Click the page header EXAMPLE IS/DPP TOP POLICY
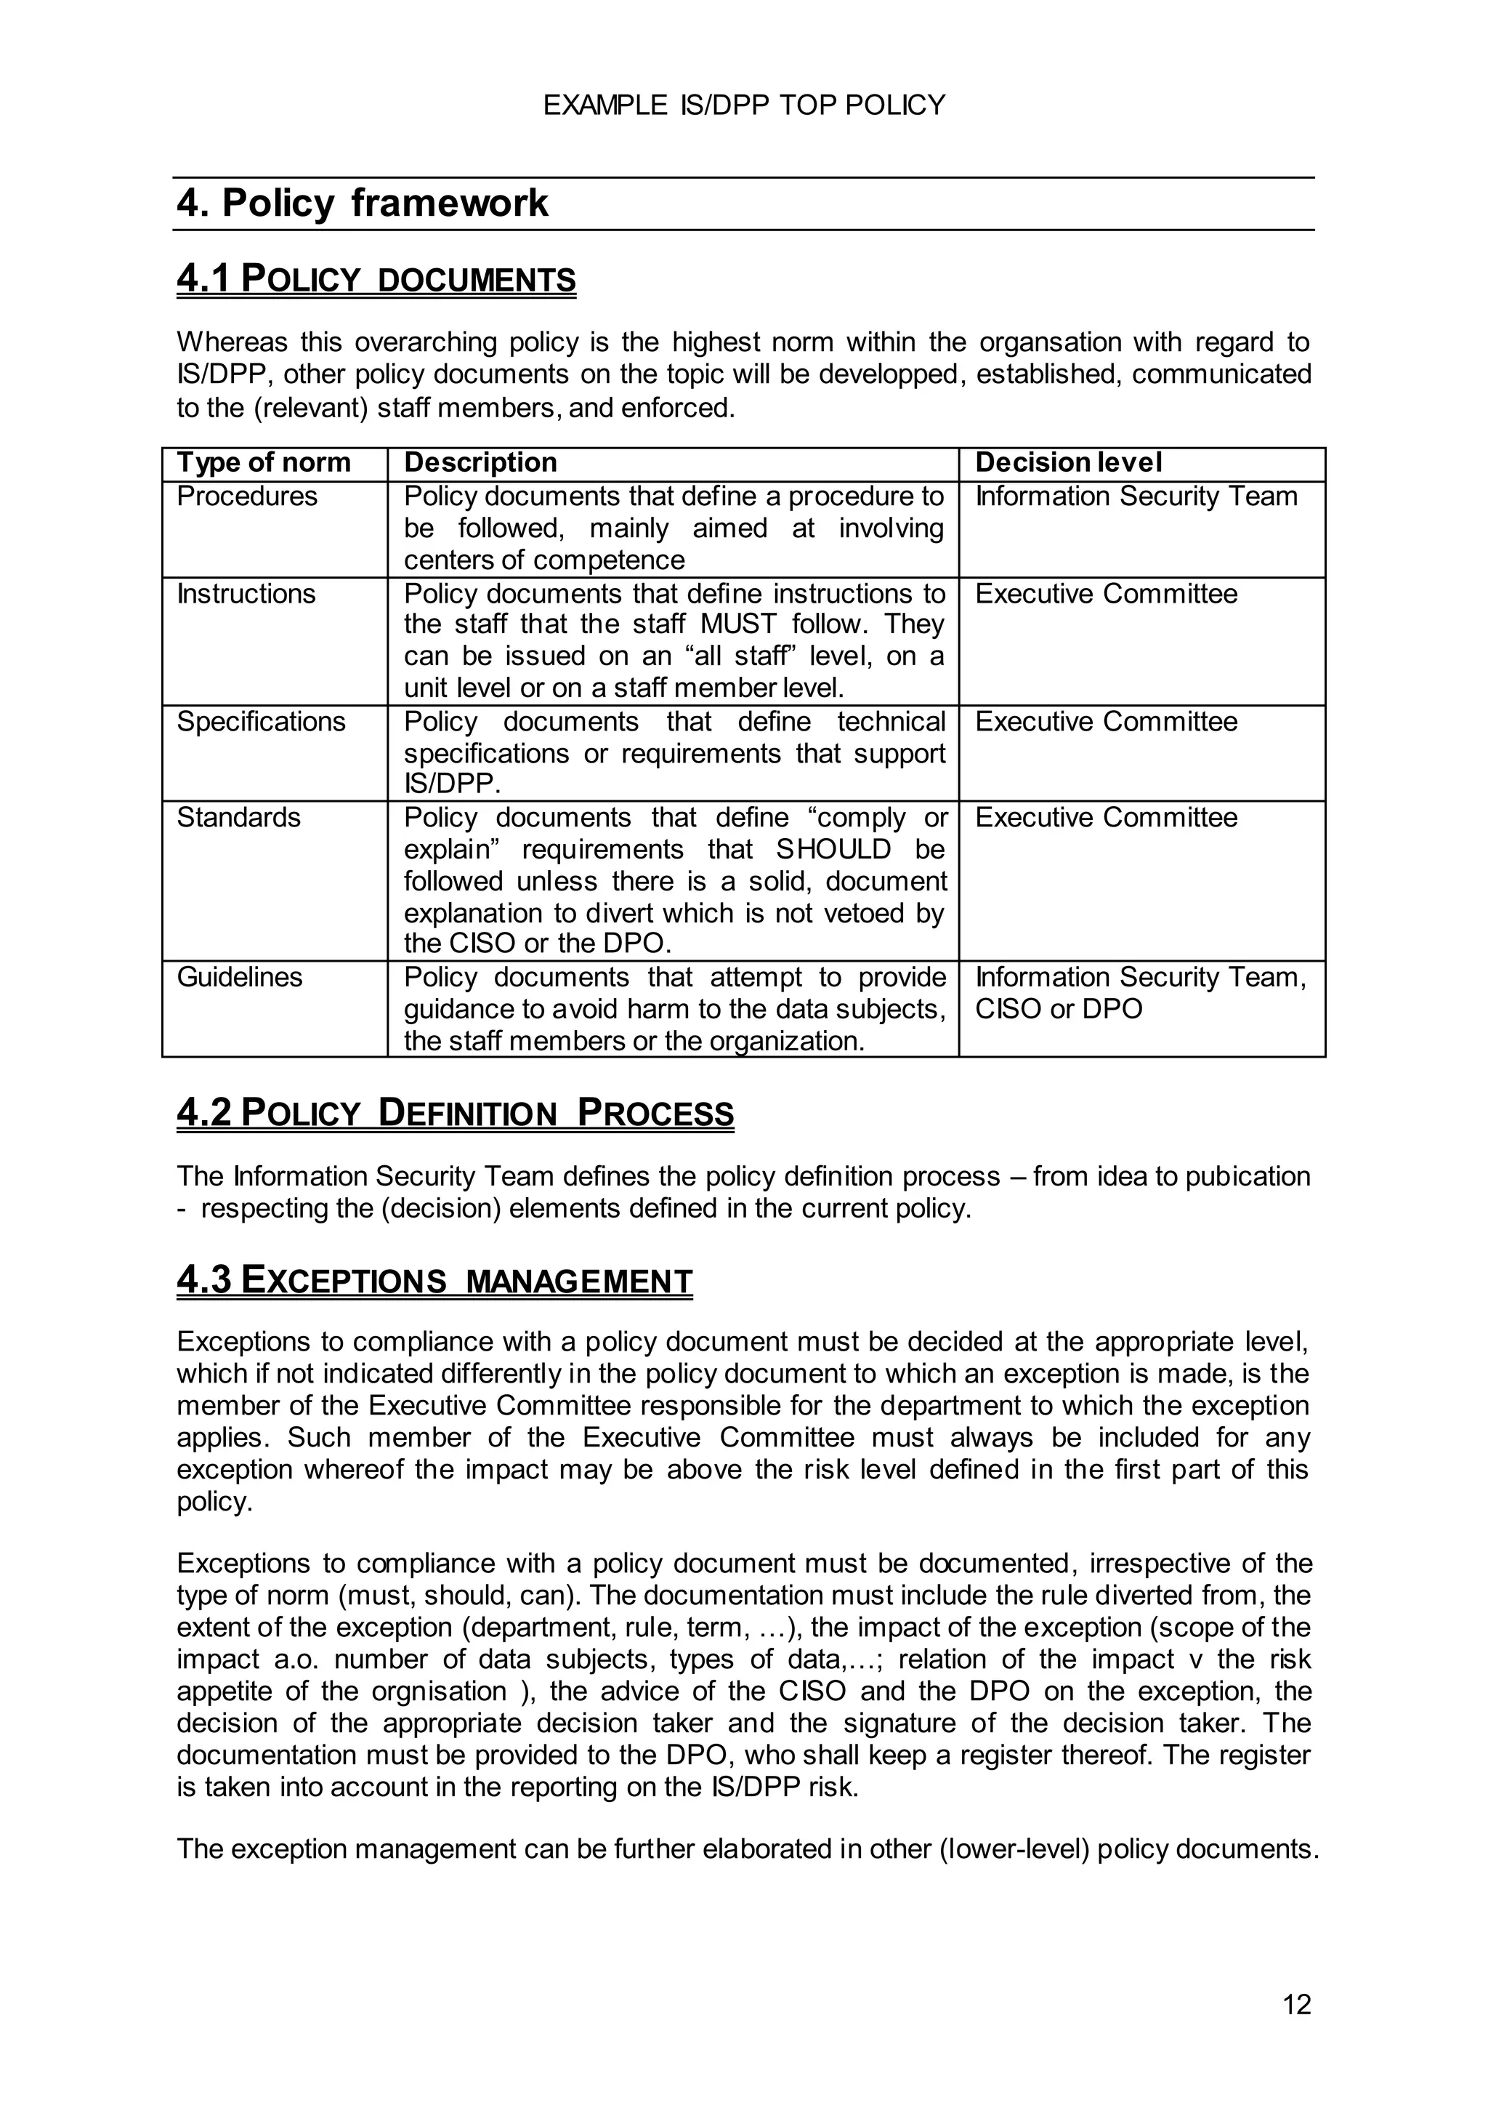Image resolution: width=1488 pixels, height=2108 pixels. point(743,105)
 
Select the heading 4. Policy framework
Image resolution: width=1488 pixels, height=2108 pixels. point(363,203)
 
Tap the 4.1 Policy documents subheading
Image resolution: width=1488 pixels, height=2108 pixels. point(376,279)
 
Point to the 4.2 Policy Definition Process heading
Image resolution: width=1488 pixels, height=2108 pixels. point(456,1113)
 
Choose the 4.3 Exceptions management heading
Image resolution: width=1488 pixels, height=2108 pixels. point(434,1281)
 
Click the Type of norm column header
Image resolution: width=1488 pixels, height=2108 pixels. point(264,463)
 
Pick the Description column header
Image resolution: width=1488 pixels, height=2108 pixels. point(480,463)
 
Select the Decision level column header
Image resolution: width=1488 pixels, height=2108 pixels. point(1067,463)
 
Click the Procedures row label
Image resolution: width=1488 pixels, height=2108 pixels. point(247,496)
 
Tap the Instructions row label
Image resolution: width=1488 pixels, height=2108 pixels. point(246,594)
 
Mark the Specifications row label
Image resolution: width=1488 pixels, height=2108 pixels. point(261,722)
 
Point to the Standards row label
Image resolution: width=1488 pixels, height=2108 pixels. point(238,818)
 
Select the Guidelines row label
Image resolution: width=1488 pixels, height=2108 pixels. point(240,977)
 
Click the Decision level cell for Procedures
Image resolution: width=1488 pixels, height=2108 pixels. point(1136,496)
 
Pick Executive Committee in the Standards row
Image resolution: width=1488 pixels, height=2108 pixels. point(1105,818)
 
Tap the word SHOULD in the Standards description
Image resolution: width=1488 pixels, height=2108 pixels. point(833,849)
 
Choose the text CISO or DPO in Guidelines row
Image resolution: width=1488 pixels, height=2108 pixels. point(1059,1009)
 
